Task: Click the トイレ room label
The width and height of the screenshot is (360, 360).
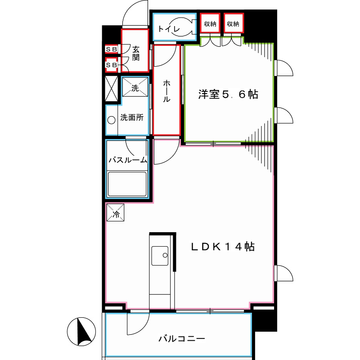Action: click(x=169, y=30)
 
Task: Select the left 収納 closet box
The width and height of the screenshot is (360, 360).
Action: click(x=210, y=24)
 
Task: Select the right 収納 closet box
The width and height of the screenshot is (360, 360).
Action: click(x=233, y=24)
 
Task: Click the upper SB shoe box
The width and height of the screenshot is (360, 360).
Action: click(x=111, y=49)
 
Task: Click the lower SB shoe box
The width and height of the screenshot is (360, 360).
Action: click(x=111, y=65)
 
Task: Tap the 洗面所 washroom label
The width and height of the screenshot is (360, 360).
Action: click(x=132, y=118)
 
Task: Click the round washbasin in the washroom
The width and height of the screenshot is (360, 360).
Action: click(x=111, y=120)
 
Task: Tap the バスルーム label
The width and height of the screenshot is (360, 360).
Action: click(x=128, y=160)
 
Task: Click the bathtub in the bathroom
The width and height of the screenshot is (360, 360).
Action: click(x=127, y=184)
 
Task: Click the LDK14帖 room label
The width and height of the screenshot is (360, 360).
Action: click(x=223, y=247)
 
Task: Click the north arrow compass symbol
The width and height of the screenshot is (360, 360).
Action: click(x=81, y=332)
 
